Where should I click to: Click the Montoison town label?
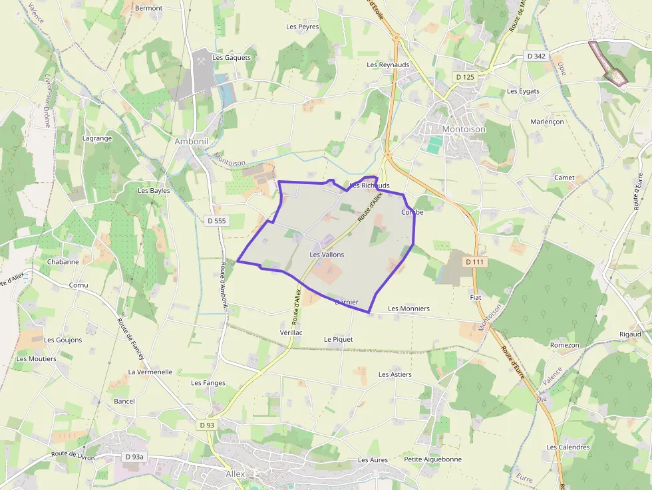pos(464,129)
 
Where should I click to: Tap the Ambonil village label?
pos(192,142)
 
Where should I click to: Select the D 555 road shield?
pos(217,221)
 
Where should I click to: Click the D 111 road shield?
pos(474,262)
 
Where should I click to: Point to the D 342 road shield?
pos(535,56)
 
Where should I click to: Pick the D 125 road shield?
pos(466,77)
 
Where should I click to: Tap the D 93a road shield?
pos(134,457)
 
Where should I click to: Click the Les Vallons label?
pos(327,255)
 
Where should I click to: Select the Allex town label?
pos(236,474)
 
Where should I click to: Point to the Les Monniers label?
pos(408,308)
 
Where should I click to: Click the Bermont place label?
pos(148,8)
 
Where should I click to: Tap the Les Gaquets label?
pos(232,58)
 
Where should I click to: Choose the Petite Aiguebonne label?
pos(432,459)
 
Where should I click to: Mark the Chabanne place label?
pos(63,262)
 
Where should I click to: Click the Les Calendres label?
pos(568,447)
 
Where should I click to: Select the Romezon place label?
pos(564,346)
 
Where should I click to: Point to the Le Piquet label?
pos(338,339)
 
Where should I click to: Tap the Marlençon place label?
pos(547,122)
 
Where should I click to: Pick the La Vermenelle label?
pos(150,372)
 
